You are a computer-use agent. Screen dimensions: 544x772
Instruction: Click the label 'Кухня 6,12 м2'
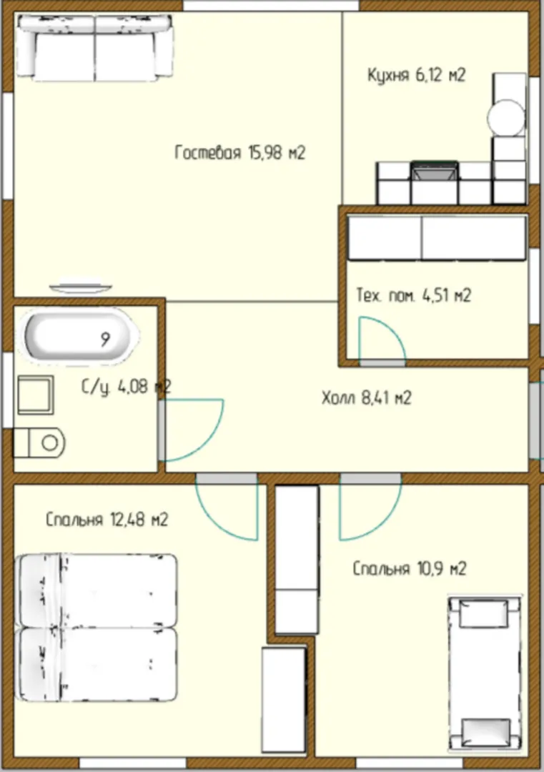(416, 75)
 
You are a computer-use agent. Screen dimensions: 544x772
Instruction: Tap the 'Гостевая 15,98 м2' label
(239, 153)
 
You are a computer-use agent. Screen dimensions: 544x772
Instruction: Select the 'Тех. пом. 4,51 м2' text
(413, 295)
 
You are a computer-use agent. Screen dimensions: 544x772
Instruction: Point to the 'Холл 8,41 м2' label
(366, 397)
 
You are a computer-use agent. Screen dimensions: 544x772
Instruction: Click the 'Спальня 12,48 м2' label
(107, 520)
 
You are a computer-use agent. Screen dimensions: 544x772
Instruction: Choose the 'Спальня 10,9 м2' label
(409, 569)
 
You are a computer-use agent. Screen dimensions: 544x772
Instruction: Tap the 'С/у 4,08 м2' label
(126, 387)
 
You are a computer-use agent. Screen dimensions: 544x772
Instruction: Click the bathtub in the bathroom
(79, 337)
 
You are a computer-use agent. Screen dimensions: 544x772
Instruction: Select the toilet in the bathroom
(39, 442)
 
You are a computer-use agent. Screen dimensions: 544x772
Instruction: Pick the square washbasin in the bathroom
(36, 395)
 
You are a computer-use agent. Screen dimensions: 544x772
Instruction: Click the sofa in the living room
(94, 47)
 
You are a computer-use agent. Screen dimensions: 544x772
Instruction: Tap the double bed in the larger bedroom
(96, 628)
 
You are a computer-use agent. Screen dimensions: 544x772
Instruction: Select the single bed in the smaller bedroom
(485, 674)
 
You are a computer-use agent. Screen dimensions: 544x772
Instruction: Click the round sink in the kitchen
(506, 118)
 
